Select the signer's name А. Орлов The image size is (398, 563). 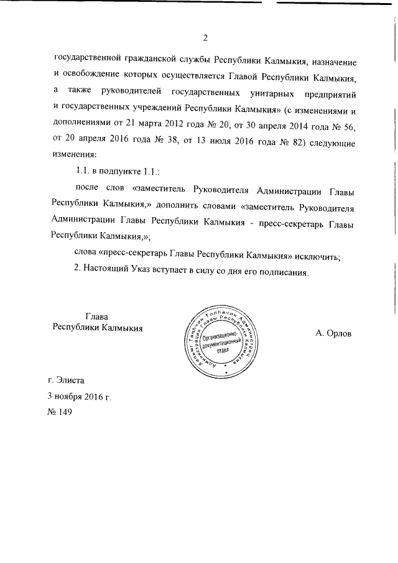[332, 333]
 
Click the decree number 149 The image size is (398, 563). [67, 411]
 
